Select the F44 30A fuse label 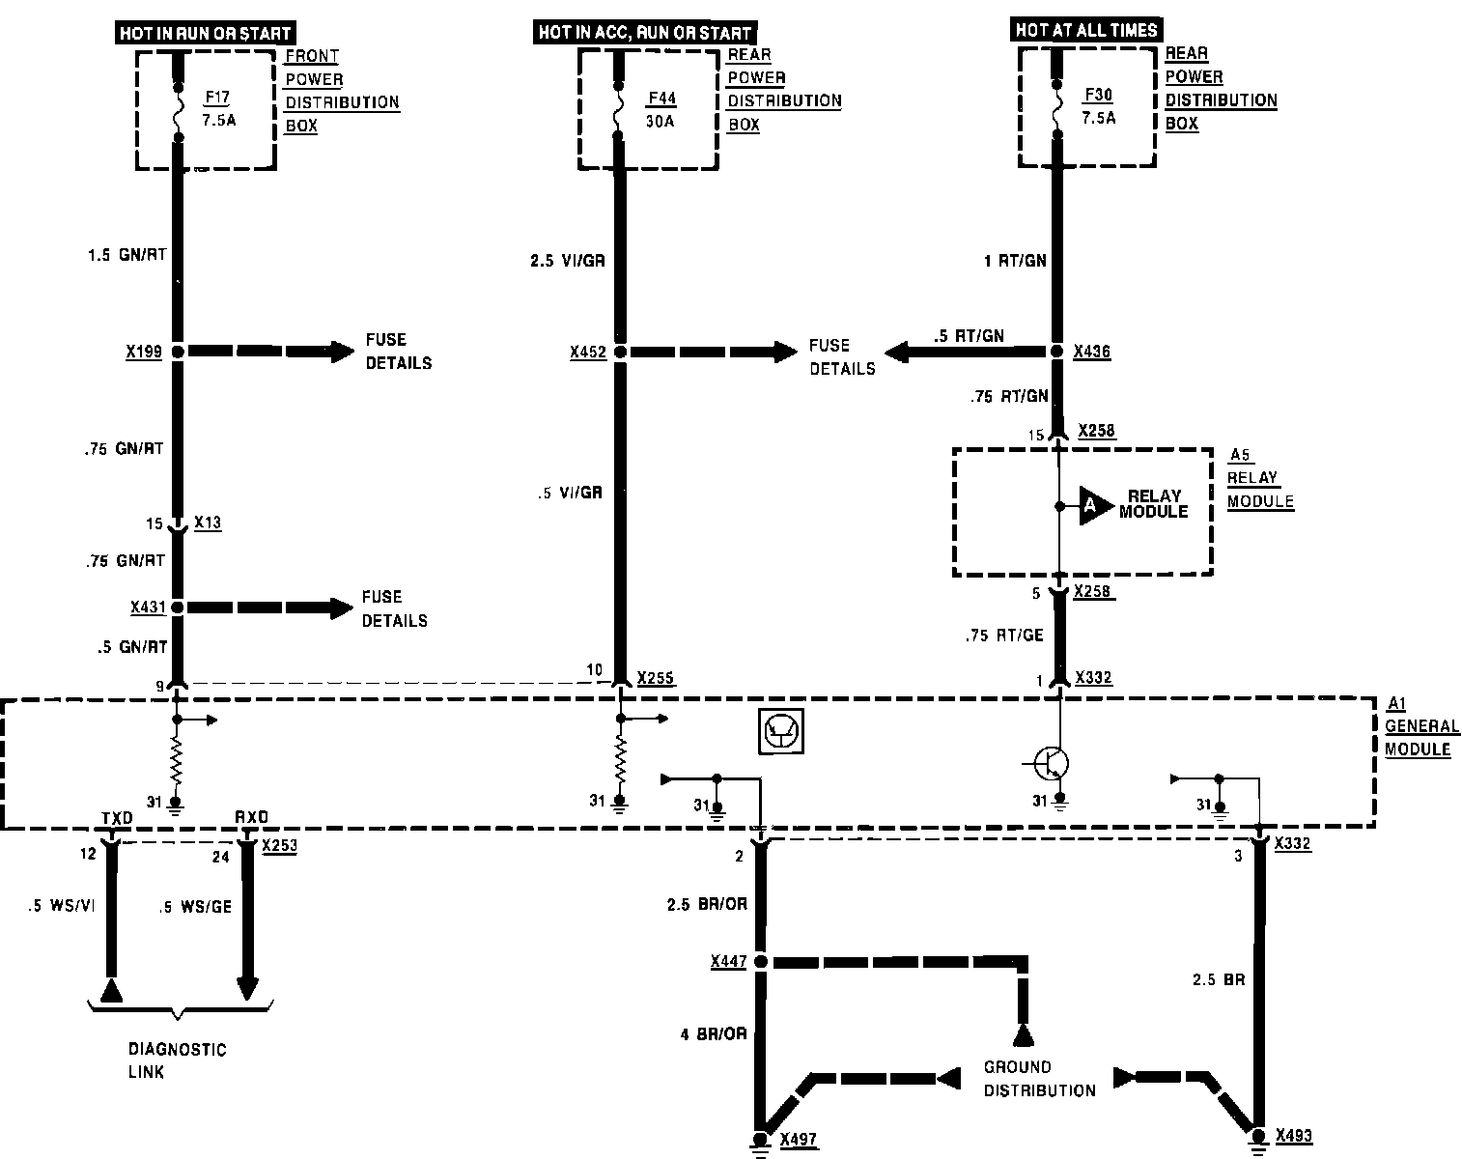coord(661,109)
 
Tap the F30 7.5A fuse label coord(1099,106)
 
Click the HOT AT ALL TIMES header coord(1085,30)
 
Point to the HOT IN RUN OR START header coord(205,34)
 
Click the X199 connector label coord(143,352)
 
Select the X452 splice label coord(587,353)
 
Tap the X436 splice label coord(1092,353)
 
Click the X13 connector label coord(208,523)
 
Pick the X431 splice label coord(148,608)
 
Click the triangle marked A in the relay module coord(1093,504)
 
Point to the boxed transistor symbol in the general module coord(778,731)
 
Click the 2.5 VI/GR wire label coord(568,261)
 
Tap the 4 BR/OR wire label coord(713,1034)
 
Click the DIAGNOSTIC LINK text coord(177,1060)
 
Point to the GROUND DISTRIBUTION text coord(1039,1079)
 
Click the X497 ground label coord(799,1140)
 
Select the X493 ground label coord(1294,1136)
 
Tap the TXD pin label coord(116,818)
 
